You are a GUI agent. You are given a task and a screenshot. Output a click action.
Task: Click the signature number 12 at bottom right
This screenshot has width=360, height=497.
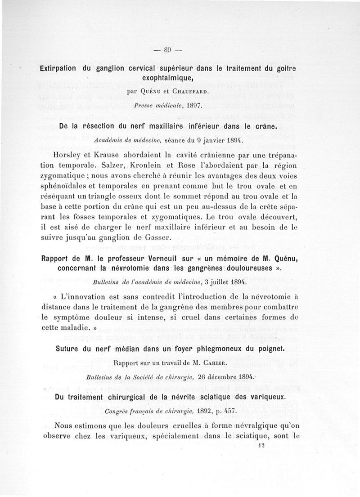298,445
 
